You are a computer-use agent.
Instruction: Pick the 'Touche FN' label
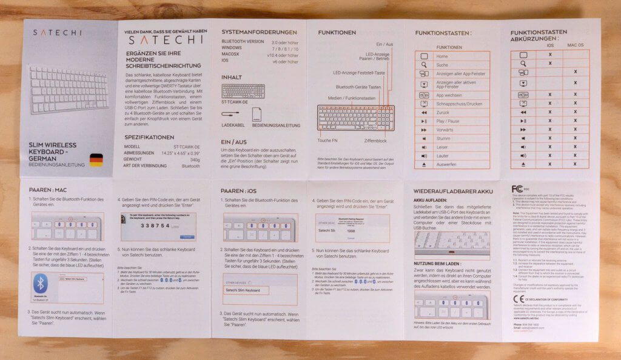tap(328, 140)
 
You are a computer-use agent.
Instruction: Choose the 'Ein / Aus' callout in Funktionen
tap(384, 44)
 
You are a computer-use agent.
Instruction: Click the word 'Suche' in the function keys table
tap(443, 64)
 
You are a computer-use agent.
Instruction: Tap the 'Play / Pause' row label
tap(448, 121)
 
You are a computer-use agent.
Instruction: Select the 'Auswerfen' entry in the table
tap(446, 164)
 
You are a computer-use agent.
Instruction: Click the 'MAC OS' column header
tap(576, 45)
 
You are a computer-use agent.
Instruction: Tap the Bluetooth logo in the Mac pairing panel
tap(41, 284)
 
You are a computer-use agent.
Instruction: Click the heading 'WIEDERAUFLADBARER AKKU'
tap(453, 191)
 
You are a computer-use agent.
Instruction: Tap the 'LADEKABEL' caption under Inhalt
tap(233, 125)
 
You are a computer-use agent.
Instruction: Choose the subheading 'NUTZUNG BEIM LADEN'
tap(446, 264)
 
